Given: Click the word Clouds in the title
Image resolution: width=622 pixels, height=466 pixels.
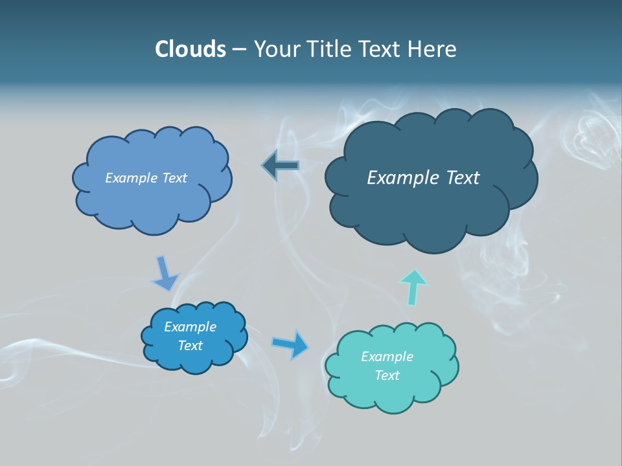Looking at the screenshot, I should (190, 49).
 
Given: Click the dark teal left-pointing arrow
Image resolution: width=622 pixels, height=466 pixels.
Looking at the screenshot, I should (281, 166).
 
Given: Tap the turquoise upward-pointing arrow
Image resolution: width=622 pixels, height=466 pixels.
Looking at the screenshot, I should (413, 286).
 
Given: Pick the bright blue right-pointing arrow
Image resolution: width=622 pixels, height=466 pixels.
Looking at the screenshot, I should (290, 344).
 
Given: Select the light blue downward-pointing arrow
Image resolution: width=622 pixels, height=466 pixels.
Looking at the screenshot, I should (165, 273).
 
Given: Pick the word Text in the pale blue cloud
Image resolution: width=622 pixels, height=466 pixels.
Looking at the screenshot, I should (174, 178).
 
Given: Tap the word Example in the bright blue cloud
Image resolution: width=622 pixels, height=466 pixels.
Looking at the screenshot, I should (190, 327).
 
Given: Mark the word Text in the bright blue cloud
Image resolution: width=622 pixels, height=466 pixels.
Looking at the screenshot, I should (190, 346).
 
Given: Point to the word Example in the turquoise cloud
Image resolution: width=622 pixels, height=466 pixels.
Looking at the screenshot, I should (387, 357).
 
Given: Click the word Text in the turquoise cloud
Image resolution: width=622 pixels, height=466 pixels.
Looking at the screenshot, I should (387, 375).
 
